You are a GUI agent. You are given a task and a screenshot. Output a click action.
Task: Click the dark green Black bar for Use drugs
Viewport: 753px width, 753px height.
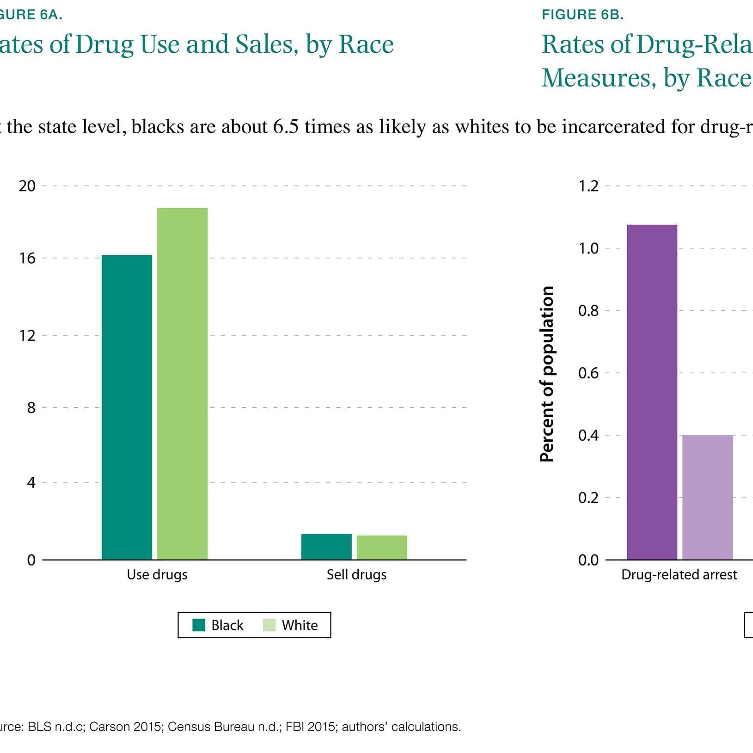click(127, 407)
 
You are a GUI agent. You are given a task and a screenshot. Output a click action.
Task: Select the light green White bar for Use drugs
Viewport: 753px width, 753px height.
click(182, 384)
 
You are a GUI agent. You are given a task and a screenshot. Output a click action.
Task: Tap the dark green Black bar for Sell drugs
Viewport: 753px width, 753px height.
click(326, 547)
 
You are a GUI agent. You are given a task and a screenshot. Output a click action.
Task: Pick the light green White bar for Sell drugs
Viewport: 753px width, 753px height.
click(382, 548)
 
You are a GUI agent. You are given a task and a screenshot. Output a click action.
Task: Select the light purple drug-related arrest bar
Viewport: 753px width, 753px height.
click(707, 497)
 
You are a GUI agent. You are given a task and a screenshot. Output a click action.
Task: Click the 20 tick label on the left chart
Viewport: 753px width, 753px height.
click(27, 186)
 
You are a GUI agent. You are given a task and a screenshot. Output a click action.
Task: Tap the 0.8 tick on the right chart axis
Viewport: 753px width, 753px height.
click(588, 311)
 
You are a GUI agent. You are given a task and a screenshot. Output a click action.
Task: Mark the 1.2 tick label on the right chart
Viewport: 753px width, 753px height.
click(588, 186)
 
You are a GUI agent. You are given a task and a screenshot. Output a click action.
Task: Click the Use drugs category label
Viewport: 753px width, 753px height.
click(157, 574)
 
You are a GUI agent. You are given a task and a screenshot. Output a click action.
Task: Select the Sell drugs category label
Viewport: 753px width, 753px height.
click(356, 574)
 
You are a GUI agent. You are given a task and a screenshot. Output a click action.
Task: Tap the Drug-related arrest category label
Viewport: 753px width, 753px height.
click(679, 574)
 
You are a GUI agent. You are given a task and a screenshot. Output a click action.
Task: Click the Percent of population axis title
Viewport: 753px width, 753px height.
click(547, 374)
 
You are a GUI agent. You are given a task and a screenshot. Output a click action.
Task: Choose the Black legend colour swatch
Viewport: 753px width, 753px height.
click(199, 625)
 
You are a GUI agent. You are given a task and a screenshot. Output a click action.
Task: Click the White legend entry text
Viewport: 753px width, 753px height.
click(300, 625)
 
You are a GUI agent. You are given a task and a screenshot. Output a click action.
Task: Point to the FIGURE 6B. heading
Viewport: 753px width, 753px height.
click(582, 15)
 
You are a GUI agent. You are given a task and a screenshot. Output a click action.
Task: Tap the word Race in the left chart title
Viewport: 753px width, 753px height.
click(366, 44)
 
